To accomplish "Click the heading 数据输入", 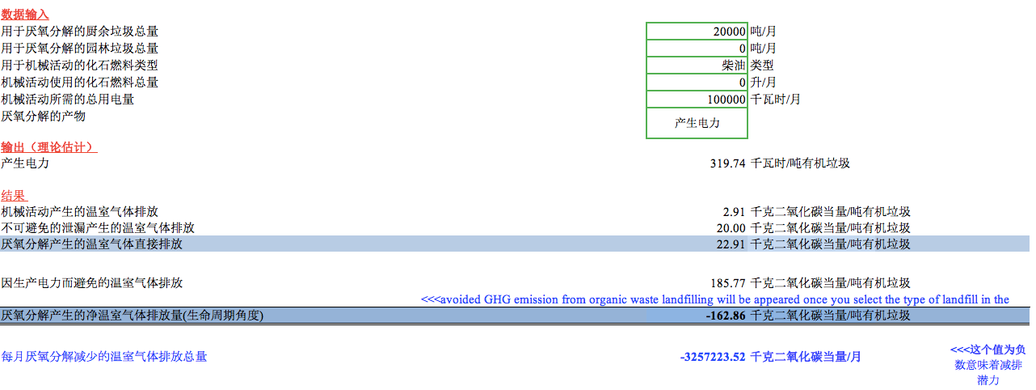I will [x=25, y=15].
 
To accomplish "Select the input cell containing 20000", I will [x=697, y=32].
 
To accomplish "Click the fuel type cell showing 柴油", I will [x=697, y=66].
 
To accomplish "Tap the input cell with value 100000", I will [x=697, y=100].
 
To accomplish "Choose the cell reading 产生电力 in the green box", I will [x=697, y=123].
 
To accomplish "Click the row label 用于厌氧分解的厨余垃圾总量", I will [x=79, y=32].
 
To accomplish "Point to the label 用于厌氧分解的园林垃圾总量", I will [x=79, y=49].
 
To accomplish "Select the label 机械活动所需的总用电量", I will [x=68, y=100].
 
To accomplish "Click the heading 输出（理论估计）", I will [x=48, y=147].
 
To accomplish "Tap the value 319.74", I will [x=728, y=163].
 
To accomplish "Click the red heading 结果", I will [x=14, y=196].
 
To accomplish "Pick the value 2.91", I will [x=734, y=212].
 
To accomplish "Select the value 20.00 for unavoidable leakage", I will [x=731, y=228].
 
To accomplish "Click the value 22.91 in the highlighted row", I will [x=731, y=244].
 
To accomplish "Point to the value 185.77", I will [x=728, y=283].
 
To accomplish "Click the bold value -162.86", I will [x=726, y=316].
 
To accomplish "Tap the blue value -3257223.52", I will [x=713, y=356].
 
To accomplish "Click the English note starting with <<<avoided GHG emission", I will [x=714, y=299].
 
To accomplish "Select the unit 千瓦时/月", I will [x=776, y=100].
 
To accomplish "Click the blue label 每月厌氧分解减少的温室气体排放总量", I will [x=104, y=356].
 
